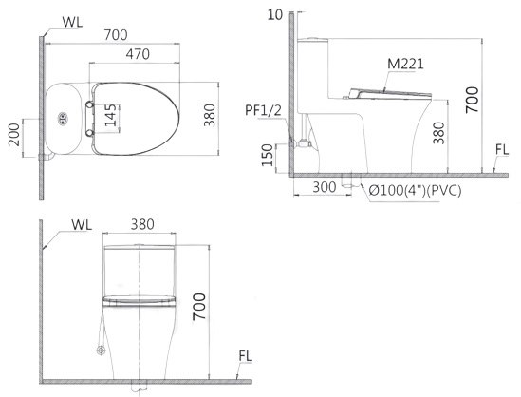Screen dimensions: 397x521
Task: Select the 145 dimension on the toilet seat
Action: (112, 115)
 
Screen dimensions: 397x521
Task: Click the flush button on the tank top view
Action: (64, 118)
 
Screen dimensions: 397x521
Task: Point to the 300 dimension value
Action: (325, 188)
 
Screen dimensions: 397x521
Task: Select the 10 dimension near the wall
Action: (275, 13)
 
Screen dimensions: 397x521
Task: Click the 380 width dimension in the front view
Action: (142, 226)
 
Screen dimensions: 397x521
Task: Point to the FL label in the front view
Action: (245, 356)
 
